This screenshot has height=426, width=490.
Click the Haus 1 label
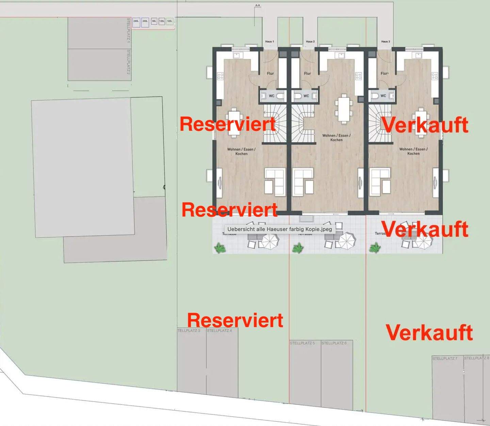click(269, 41)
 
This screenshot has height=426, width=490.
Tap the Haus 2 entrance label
click(310, 41)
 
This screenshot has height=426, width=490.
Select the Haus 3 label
click(386, 41)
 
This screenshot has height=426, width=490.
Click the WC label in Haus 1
click(272, 96)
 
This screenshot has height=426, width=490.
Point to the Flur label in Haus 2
click(308, 73)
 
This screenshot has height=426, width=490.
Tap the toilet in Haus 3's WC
click(375, 96)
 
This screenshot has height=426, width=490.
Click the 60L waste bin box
click(154, 21)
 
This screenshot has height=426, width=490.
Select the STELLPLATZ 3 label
click(189, 330)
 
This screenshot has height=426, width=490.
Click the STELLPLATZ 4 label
click(219, 330)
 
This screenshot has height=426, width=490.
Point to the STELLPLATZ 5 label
click(302, 343)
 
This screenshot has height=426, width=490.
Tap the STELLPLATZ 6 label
click(334, 343)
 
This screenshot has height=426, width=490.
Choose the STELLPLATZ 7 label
click(445, 358)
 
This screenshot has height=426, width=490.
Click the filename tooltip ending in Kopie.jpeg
click(279, 229)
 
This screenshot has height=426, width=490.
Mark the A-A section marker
click(258, 5)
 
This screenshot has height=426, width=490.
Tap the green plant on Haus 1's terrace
click(220, 248)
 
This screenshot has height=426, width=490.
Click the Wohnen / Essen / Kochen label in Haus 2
click(336, 137)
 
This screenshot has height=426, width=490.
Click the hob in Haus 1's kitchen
click(220, 76)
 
